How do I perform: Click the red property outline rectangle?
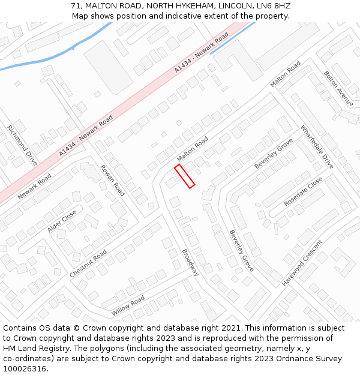tap(184, 176)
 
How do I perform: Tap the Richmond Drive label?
tap(22, 145)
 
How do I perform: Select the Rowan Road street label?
tap(112, 180)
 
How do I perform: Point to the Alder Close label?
tap(62, 221)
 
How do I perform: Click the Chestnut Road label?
tap(88, 263)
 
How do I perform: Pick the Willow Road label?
tap(128, 306)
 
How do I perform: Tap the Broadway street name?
tap(190, 262)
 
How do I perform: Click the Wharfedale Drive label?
tap(317, 146)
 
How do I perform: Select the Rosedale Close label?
tap(303, 191)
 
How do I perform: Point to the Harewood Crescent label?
tap(302, 262)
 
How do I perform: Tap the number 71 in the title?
tap(76, 6)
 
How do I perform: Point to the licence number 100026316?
tap(25, 368)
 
